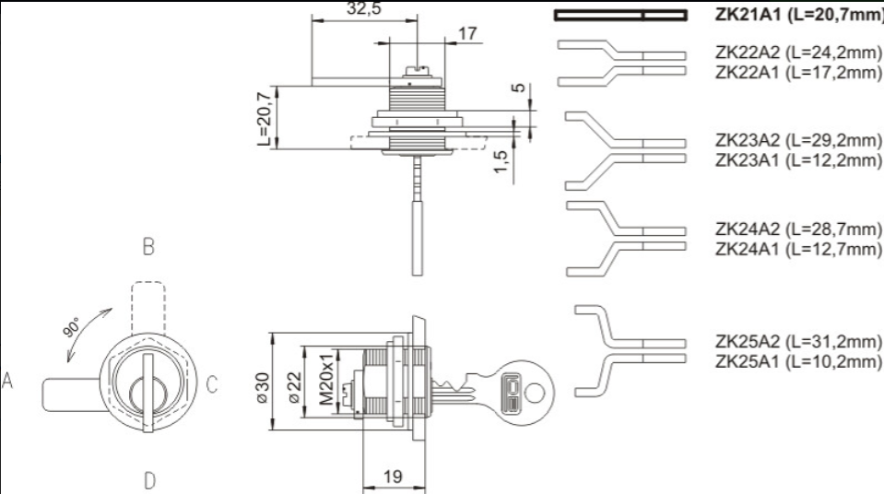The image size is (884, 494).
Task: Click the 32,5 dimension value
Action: (x=363, y=8)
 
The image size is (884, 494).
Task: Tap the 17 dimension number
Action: (x=467, y=34)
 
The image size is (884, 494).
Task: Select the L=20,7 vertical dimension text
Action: (x=265, y=118)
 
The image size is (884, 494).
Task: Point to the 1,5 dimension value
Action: (x=501, y=161)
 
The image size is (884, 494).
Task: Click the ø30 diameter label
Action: (x=263, y=387)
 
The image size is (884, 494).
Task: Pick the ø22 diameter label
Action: (x=295, y=387)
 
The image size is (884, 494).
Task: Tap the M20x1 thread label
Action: (x=326, y=380)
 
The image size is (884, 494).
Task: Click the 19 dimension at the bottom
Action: (x=393, y=477)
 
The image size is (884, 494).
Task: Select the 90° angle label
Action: (x=73, y=327)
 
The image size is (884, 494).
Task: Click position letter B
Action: (x=148, y=246)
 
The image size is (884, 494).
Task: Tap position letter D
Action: (x=149, y=481)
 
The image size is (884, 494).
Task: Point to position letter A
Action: (x=7, y=380)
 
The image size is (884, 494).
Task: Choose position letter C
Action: (x=212, y=384)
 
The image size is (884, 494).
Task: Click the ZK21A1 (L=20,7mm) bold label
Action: (x=799, y=15)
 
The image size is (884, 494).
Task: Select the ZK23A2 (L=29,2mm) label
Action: (x=797, y=140)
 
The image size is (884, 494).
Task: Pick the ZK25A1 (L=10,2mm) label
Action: (x=797, y=361)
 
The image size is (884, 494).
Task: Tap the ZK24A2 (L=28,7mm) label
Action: (x=797, y=229)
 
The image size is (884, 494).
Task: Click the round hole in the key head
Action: (x=535, y=393)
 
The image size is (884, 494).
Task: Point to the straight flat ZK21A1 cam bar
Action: (x=620, y=16)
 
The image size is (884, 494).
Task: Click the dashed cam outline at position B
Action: (x=148, y=308)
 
